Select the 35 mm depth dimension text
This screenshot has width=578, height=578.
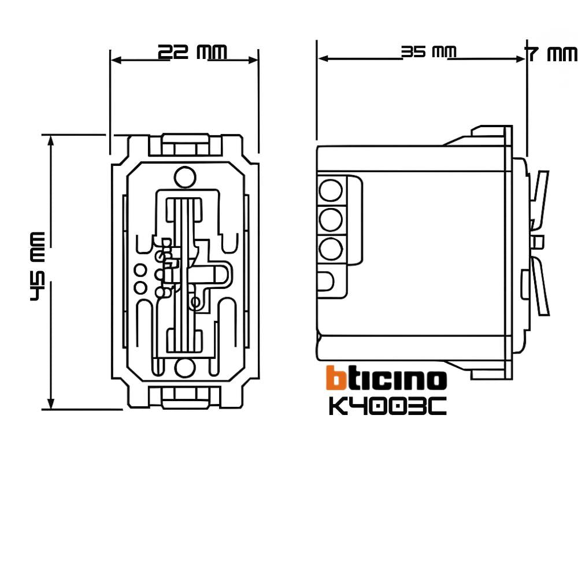coord(428,53)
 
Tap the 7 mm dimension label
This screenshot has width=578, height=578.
coord(550,54)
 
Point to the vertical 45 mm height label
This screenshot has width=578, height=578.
coord(38,266)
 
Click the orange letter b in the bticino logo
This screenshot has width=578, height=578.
coord(335,379)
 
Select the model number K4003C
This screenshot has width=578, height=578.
coord(387,406)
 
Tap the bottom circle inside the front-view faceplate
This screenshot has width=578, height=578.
coord(184,367)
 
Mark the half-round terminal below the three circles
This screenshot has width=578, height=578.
coord(326,281)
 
